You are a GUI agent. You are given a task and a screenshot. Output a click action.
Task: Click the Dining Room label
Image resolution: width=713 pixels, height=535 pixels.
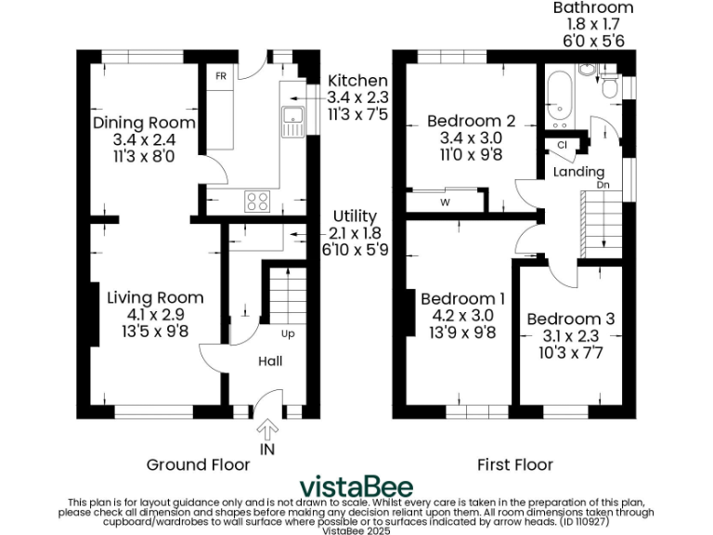click(144, 123)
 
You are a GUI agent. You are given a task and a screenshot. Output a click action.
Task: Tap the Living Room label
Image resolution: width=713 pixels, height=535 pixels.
click(155, 297)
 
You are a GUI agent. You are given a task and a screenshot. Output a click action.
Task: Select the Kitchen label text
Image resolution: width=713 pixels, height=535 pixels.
click(357, 82)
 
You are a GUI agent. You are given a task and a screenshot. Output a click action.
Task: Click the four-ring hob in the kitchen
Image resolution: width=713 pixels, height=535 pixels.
click(257, 200)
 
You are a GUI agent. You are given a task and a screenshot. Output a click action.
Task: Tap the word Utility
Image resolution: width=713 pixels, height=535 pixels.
click(354, 216)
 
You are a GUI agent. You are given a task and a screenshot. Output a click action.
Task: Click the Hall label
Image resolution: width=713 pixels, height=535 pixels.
click(270, 361)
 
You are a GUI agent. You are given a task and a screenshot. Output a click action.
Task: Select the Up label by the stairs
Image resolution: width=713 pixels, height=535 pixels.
click(288, 333)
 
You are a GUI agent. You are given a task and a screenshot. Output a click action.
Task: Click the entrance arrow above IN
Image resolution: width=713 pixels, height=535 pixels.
click(268, 429)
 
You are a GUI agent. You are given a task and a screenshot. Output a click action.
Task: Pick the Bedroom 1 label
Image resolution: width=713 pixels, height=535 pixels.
click(462, 299)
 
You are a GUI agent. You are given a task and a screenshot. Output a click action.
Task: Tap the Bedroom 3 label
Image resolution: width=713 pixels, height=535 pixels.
click(570, 319)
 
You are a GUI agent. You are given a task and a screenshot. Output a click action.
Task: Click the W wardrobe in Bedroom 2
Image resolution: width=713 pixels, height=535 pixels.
click(445, 202)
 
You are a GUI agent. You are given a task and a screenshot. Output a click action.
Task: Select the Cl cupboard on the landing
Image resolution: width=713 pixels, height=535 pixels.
click(563, 145)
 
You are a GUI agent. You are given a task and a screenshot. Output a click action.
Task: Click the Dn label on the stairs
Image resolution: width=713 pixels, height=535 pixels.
click(603, 185)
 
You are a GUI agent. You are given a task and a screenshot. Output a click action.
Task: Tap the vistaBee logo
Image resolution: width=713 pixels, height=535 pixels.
click(356, 488)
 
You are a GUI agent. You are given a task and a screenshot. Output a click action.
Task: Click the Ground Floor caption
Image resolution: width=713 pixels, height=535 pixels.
click(198, 464)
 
